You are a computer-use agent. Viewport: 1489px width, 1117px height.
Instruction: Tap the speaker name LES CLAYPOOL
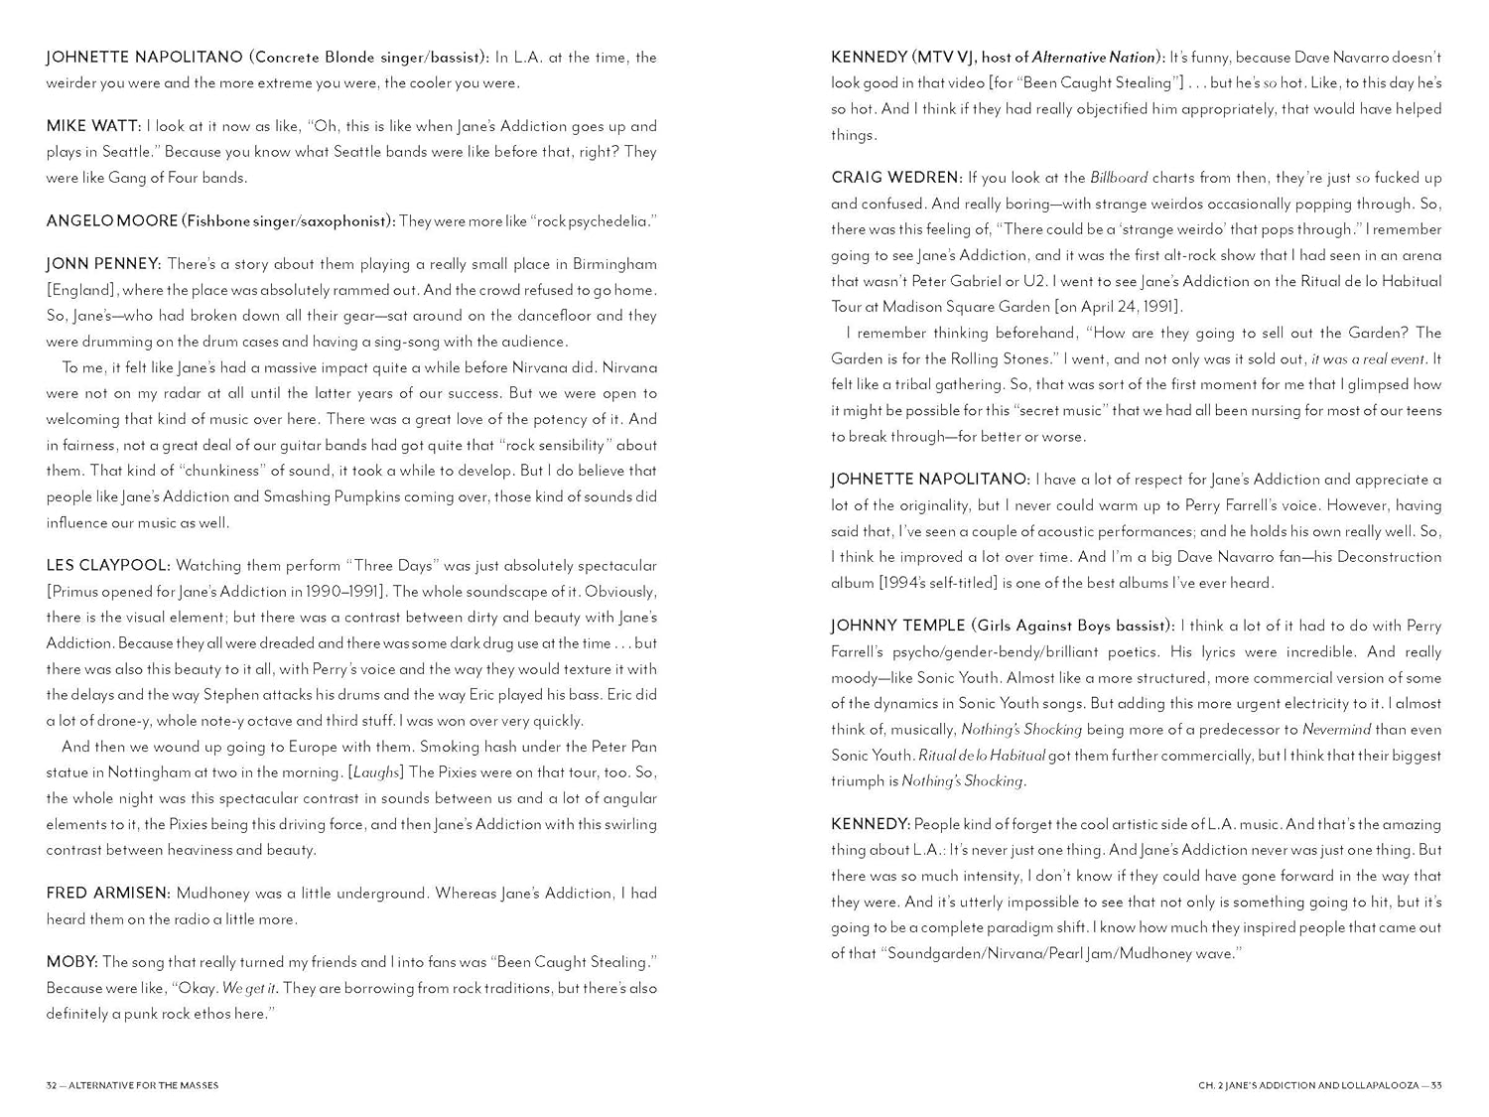[x=107, y=566]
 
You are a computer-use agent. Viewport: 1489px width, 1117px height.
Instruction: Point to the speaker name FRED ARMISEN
[x=107, y=894]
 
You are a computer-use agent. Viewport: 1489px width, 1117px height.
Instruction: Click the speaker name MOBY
[x=70, y=962]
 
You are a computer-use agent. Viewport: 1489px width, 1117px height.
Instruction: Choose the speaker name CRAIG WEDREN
[x=895, y=178]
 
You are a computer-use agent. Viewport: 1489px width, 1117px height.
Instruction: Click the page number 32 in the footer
[x=52, y=1085]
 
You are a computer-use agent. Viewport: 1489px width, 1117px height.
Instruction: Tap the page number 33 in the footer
[x=1435, y=1085]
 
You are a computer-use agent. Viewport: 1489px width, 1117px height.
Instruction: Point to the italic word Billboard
[x=1119, y=178]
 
